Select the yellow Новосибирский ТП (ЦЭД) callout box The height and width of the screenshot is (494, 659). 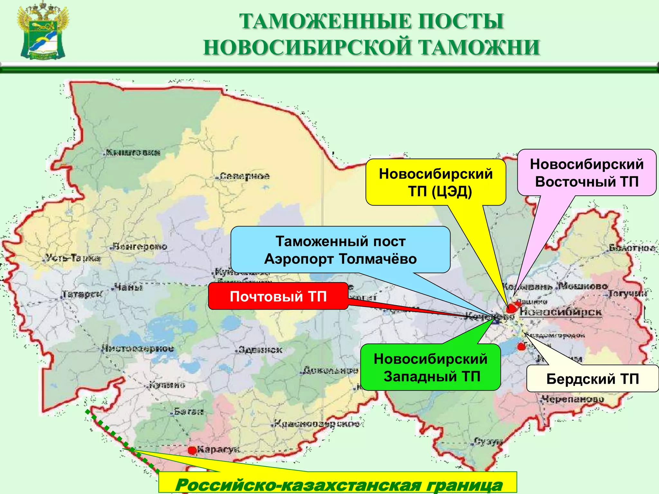436,182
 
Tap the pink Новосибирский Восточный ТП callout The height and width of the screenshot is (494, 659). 587,173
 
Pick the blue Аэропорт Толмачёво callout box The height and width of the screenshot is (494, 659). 340,250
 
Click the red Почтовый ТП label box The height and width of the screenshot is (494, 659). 278,296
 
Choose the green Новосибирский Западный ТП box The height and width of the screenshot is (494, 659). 431,367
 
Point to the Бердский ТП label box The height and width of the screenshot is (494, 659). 592,379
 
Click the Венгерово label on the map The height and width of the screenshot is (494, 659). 140,247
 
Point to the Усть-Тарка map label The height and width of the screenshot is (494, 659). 72,258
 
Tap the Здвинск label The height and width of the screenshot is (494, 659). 260,350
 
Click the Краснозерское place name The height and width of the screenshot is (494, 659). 317,424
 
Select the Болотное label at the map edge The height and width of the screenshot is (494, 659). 632,248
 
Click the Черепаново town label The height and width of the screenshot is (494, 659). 573,399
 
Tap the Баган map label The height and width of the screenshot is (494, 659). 189,411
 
